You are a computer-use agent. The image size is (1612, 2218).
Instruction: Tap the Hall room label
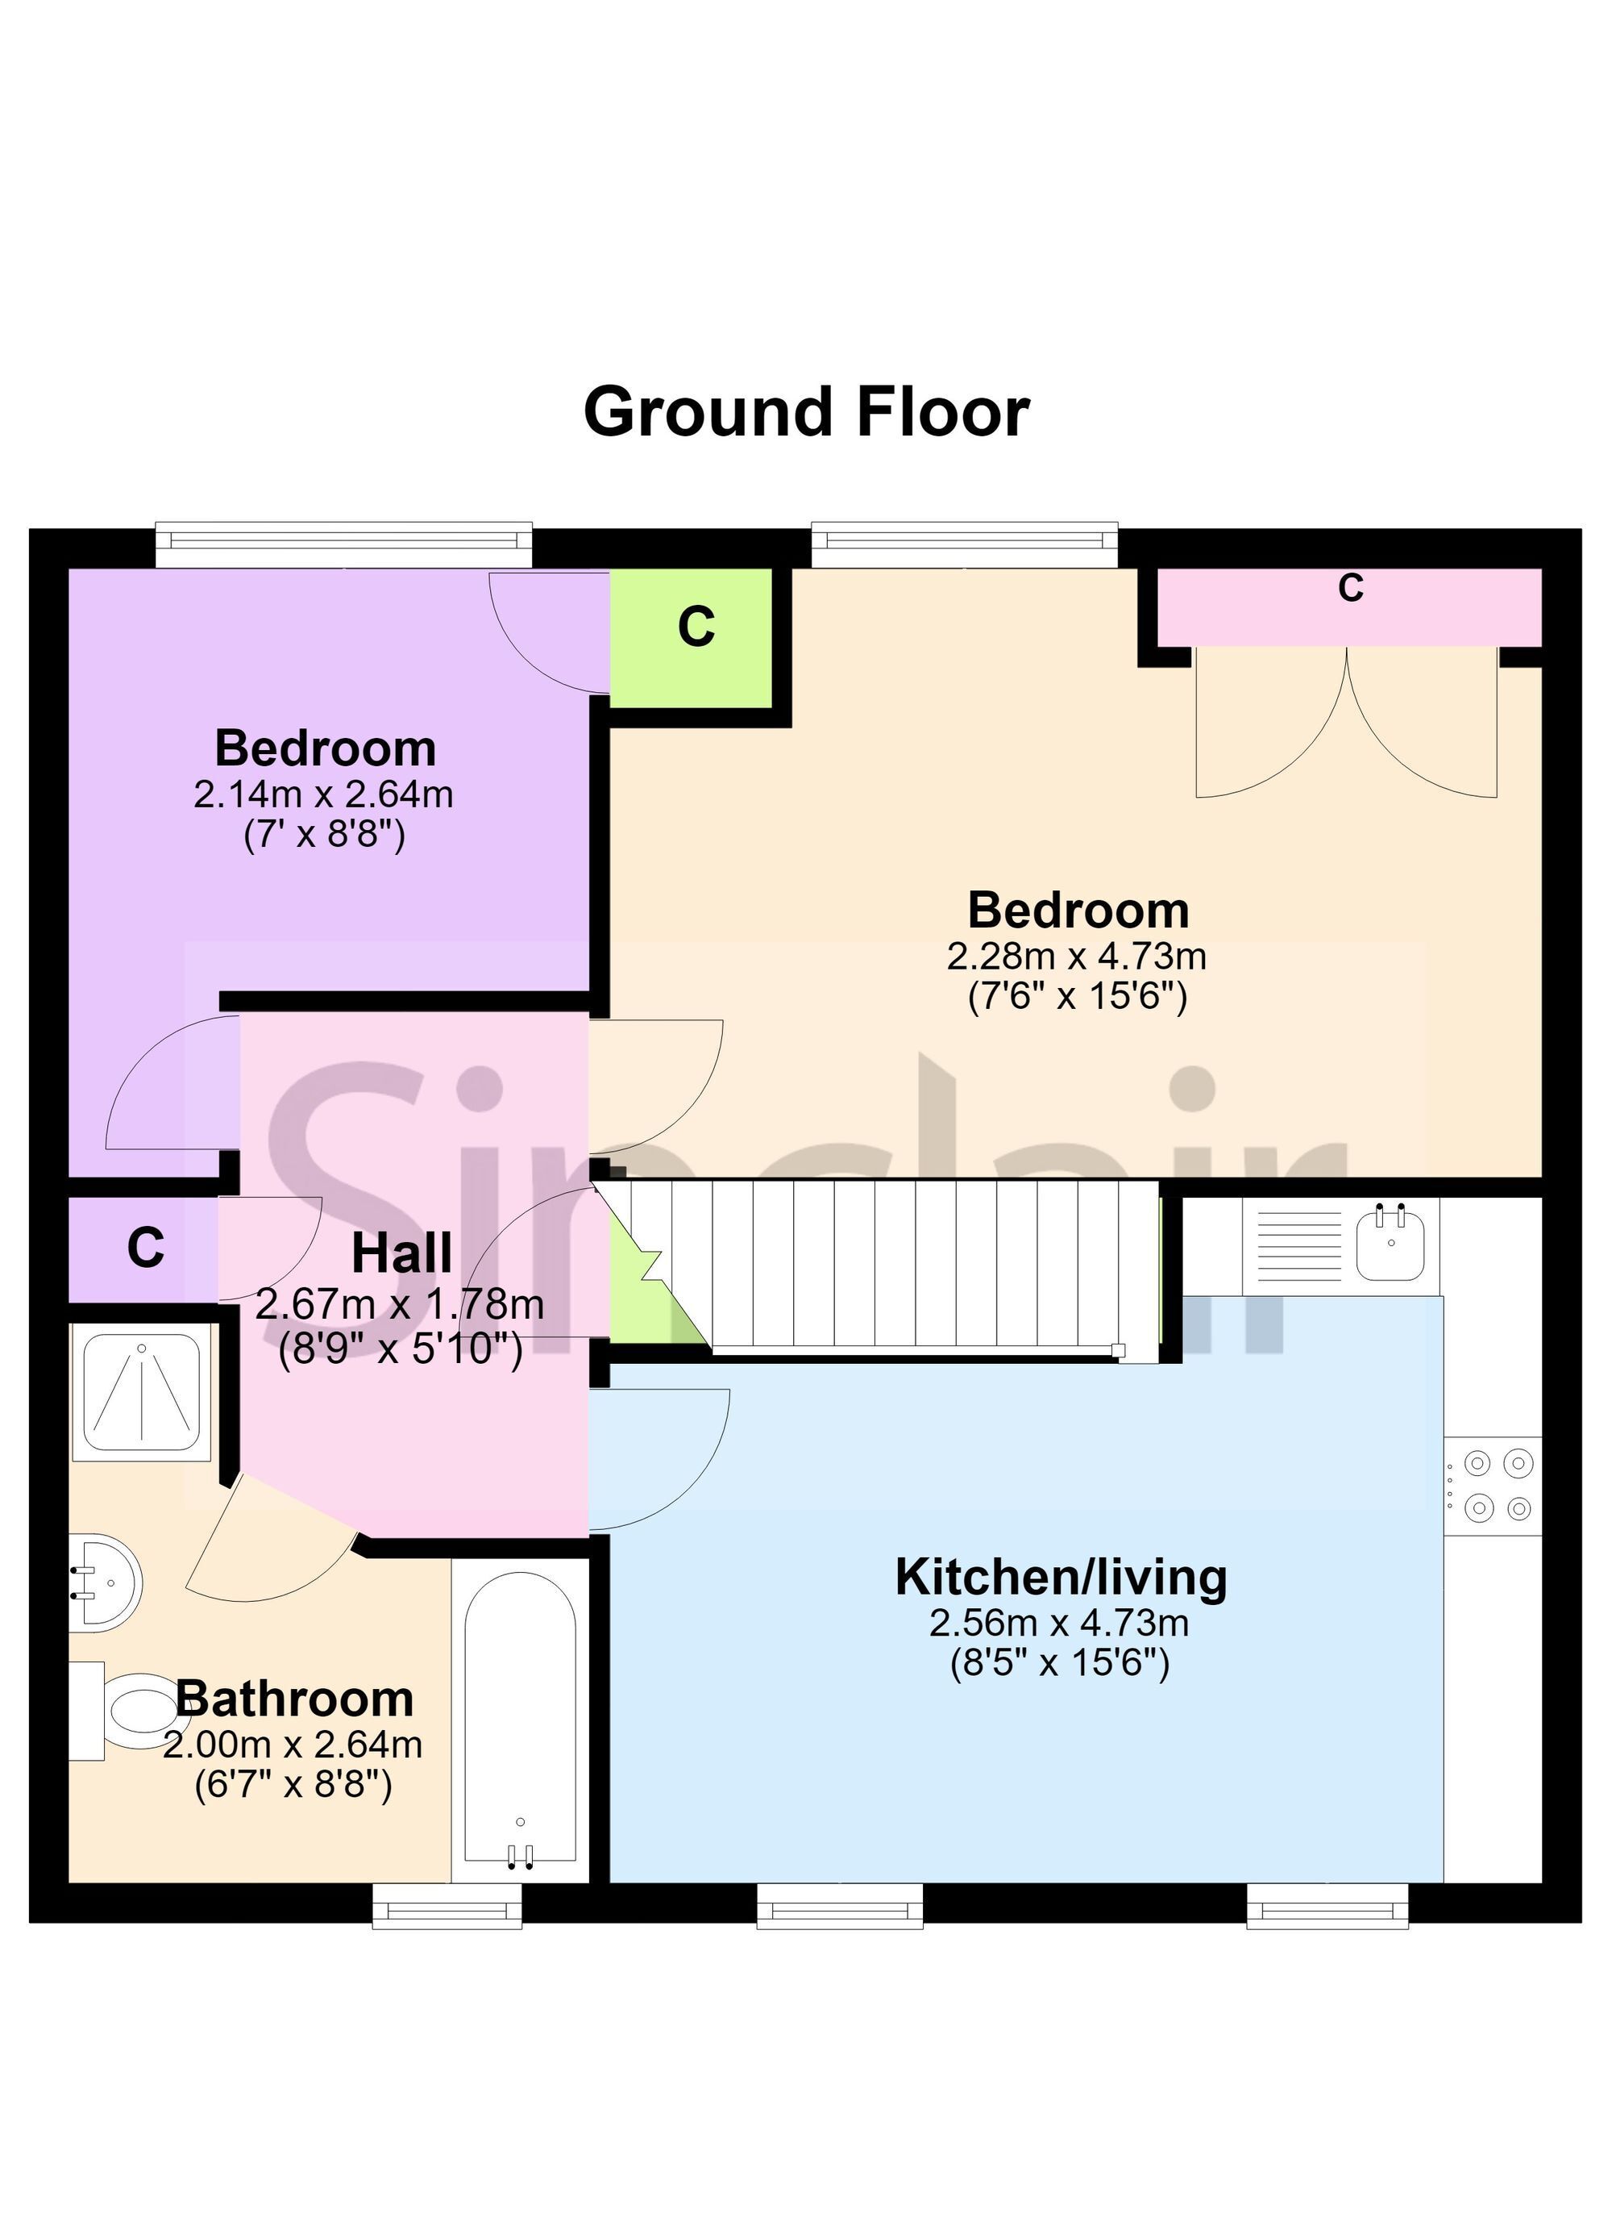tap(401, 1253)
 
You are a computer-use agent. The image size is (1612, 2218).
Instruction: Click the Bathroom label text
tap(294, 1699)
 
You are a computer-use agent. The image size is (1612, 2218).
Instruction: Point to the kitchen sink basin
tap(1389, 1243)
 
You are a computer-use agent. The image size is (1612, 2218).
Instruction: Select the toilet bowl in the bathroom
tap(137, 1711)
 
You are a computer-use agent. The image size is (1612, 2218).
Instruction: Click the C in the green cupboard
tap(696, 627)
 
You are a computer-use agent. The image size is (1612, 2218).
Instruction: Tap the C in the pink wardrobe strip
tap(1350, 588)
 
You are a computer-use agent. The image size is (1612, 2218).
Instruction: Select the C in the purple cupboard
tap(146, 1248)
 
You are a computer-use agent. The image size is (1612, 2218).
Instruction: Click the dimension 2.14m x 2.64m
tap(323, 794)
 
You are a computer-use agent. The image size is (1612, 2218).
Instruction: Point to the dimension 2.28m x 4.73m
tap(1076, 956)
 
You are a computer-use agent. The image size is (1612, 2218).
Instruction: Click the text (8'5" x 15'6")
tap(1060, 1662)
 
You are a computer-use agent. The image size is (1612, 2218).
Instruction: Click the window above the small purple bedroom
tap(344, 544)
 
